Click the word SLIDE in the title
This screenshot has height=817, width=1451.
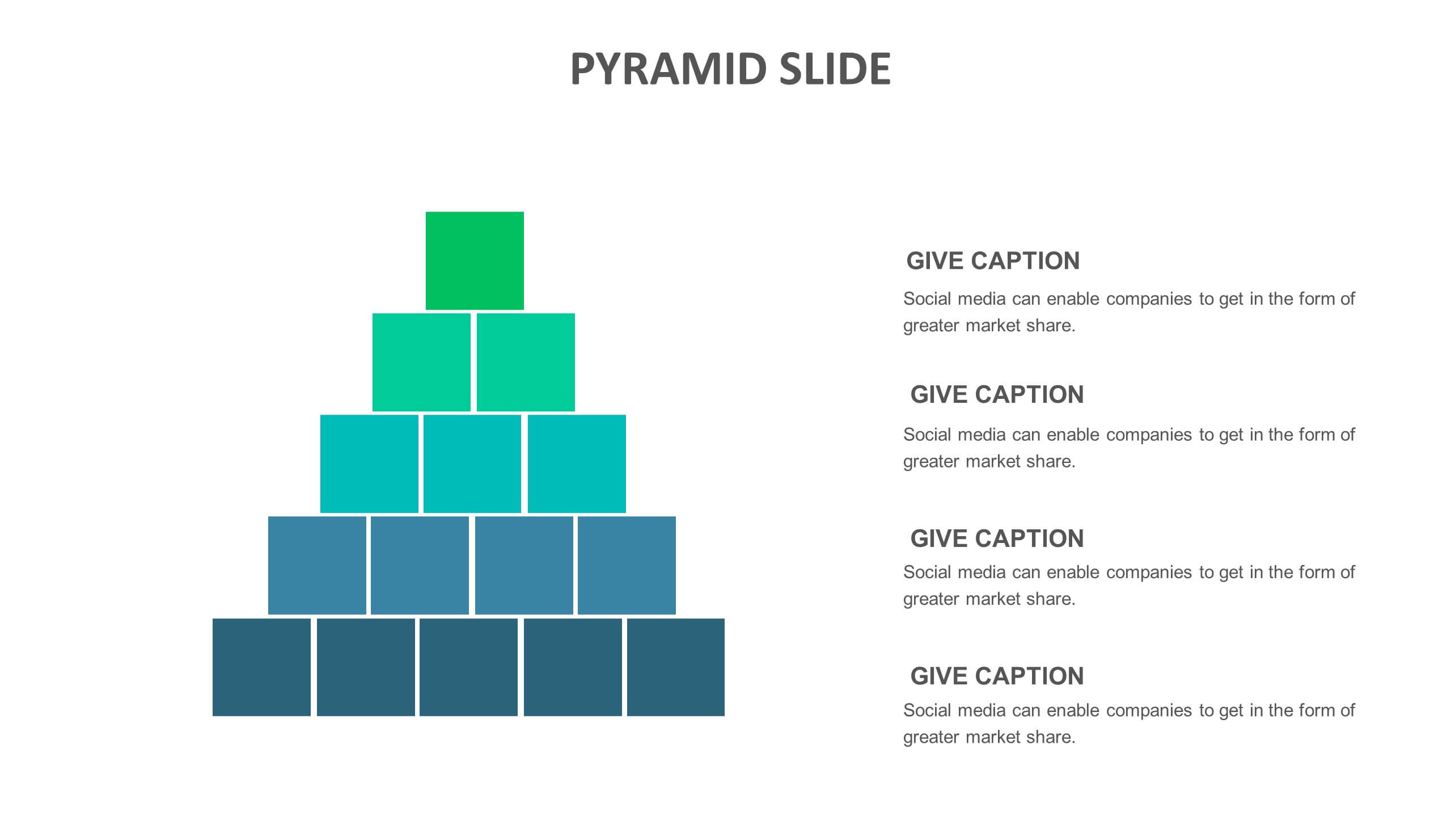click(x=835, y=69)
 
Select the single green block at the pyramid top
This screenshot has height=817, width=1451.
click(x=475, y=260)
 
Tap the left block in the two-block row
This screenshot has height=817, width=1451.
click(x=421, y=362)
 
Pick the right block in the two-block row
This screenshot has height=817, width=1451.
click(x=526, y=362)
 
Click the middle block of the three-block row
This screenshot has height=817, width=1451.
click(x=472, y=464)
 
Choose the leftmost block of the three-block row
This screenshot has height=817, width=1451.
click(x=369, y=464)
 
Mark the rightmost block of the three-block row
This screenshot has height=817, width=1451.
click(x=577, y=464)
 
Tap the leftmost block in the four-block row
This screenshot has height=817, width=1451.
click(x=317, y=565)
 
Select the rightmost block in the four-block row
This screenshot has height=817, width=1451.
click(x=627, y=565)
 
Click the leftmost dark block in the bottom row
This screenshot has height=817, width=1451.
click(x=261, y=667)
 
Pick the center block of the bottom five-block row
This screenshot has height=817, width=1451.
click(x=468, y=667)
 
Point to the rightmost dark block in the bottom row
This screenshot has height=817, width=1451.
click(x=676, y=667)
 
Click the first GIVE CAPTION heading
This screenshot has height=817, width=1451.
click(x=993, y=261)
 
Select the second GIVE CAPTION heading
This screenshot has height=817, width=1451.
click(x=997, y=394)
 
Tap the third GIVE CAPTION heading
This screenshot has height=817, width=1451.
click(x=997, y=538)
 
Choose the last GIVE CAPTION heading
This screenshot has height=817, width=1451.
click(x=997, y=676)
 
